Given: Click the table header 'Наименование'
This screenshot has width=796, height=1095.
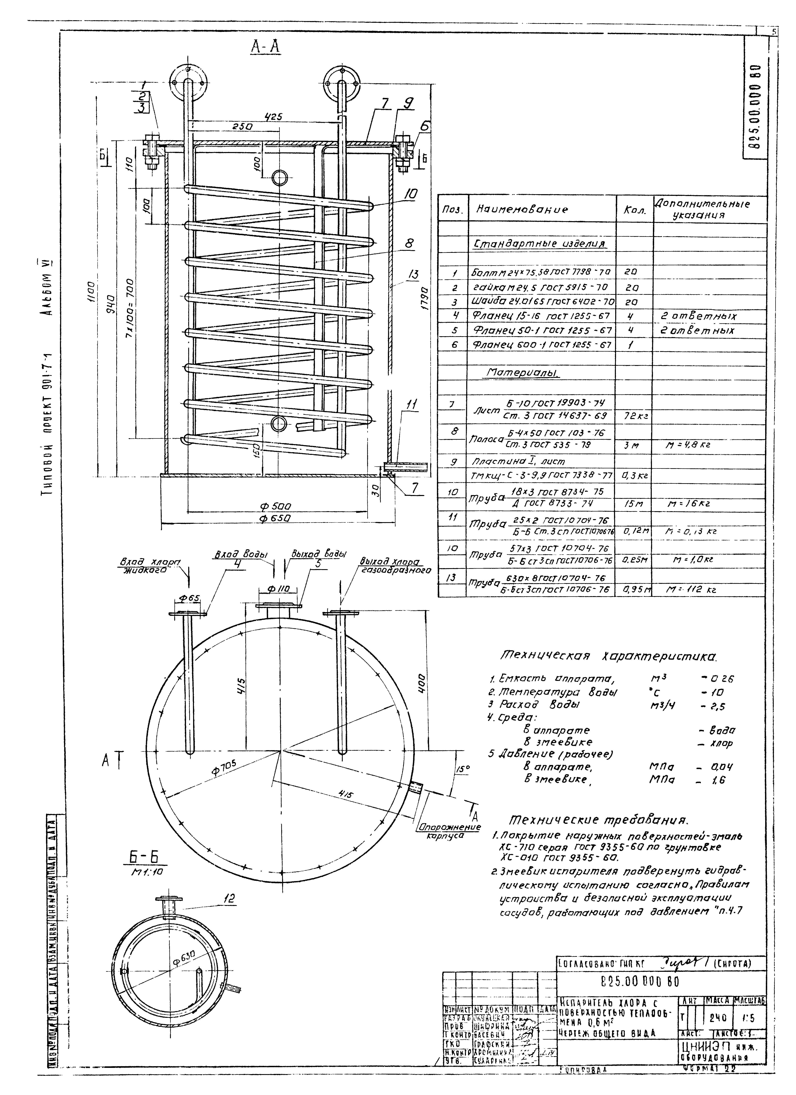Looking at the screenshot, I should tap(522, 209).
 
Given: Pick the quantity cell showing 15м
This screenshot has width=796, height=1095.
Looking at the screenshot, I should tap(633, 504).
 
